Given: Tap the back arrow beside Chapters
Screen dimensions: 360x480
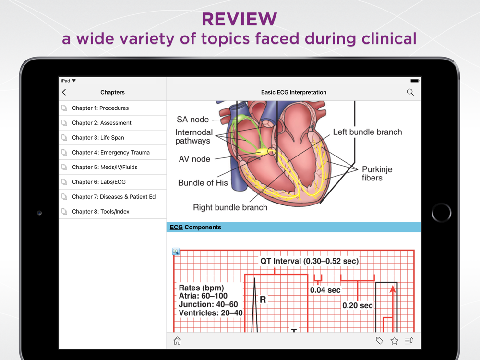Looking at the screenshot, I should point(64,92).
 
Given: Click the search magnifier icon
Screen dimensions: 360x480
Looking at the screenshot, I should point(410,92).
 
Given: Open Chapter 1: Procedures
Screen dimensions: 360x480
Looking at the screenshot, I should point(100,108).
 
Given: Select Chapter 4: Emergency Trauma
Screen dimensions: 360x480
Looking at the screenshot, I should point(111,152).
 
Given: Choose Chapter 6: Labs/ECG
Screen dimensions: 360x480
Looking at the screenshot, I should point(99,182).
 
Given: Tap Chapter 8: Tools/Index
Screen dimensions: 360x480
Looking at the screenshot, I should point(101,211).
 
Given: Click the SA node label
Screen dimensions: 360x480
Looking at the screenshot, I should point(193,120).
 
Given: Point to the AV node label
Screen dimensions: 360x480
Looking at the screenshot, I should point(194,159).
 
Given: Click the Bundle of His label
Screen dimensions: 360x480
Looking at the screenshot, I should point(203,182).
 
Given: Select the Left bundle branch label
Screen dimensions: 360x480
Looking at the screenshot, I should point(367,132).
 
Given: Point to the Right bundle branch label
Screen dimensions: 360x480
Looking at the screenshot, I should point(230,207).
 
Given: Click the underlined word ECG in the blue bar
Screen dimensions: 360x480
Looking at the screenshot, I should point(176,227).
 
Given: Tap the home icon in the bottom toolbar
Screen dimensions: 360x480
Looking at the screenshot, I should point(177,341).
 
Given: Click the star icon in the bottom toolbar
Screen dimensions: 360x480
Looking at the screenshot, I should point(394,341).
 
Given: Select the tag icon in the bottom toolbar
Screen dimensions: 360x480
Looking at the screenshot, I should point(379,341).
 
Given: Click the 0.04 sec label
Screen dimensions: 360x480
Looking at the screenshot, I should point(325,290).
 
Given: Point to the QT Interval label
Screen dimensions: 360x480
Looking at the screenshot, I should point(309,261).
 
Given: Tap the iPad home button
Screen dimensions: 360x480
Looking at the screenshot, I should point(441,213).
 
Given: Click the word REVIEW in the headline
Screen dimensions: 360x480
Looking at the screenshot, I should point(240,19).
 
